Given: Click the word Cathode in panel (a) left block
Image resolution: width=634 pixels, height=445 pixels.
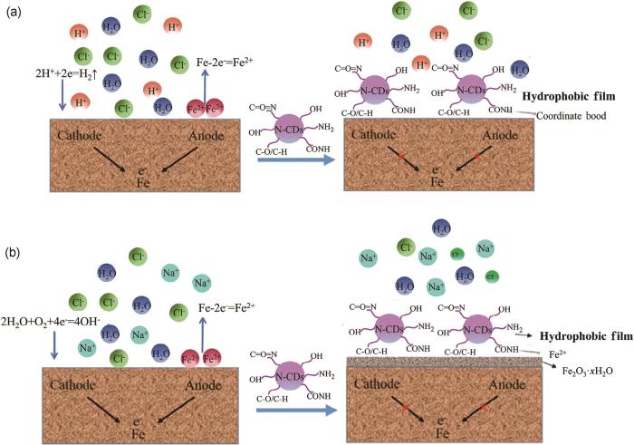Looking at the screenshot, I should click(86, 135).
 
